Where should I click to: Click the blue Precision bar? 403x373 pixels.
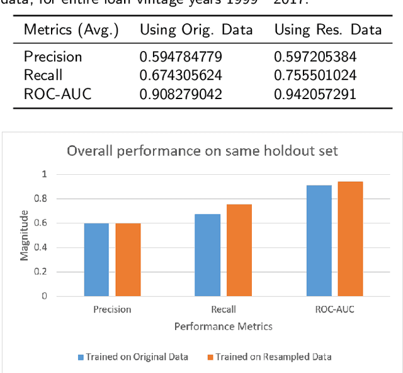tap(96, 259)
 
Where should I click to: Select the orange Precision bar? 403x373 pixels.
tap(128, 259)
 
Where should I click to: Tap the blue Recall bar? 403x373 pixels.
tap(208, 255)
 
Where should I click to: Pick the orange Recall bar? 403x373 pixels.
tap(239, 250)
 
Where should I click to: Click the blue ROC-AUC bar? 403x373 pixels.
tap(319, 240)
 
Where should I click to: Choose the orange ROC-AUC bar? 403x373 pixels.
tap(351, 239)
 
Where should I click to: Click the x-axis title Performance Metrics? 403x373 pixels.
tap(224, 326)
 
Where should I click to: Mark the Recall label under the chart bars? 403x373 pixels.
tap(224, 309)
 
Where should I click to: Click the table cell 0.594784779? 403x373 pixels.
tap(181, 57)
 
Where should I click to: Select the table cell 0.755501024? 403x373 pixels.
tap(315, 76)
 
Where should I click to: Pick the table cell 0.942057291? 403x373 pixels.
tap(315, 95)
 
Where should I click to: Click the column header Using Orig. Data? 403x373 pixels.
tap(196, 30)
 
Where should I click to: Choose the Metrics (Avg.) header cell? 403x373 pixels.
tap(71, 30)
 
